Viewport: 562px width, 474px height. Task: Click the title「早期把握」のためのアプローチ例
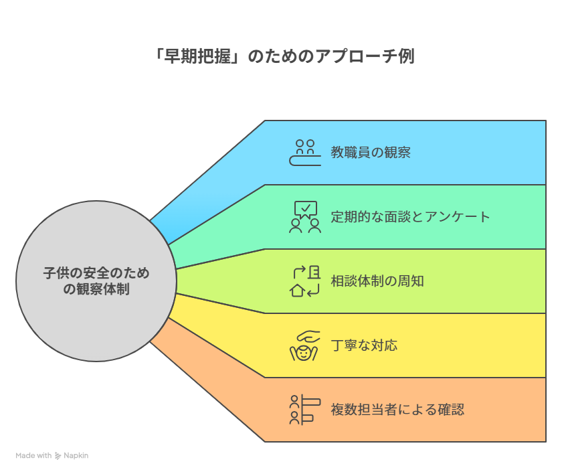[x=284, y=56]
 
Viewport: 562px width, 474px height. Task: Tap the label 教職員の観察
[x=371, y=153]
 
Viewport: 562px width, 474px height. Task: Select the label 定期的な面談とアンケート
[x=410, y=216]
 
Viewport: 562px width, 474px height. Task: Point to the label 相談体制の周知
[x=377, y=281]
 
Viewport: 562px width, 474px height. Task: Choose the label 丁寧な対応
[x=364, y=345]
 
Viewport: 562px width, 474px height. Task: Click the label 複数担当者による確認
[x=397, y=409]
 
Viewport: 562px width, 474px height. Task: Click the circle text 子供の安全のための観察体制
[x=96, y=281]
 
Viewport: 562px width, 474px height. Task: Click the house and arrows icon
[x=305, y=281]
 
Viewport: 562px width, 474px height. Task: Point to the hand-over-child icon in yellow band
[x=304, y=345]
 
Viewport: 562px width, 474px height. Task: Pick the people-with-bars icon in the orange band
[x=304, y=410]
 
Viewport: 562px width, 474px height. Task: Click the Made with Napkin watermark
[x=52, y=455]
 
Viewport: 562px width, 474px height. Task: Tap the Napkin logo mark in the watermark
[x=58, y=456]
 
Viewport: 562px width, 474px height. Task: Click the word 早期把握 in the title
[x=197, y=56]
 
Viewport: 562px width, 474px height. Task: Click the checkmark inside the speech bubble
[x=306, y=208]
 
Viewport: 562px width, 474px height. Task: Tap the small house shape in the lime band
[x=297, y=291]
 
